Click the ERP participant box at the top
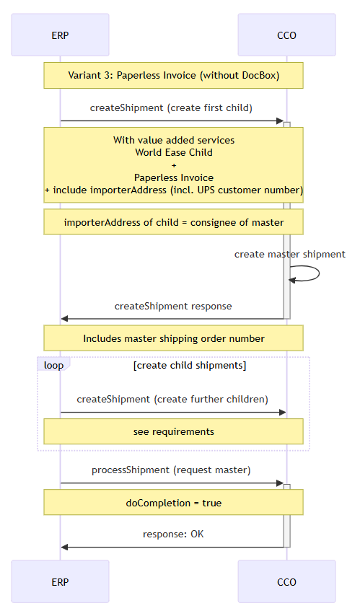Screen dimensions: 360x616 (x=60, y=35)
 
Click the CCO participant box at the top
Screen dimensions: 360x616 (x=286, y=35)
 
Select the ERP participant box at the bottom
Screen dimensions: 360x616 (x=60, y=581)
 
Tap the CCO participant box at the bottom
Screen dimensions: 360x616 (x=286, y=581)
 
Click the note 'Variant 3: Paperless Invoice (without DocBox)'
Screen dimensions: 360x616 (x=173, y=76)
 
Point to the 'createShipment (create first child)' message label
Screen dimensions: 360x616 (x=171, y=107)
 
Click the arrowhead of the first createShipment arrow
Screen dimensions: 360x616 (x=280, y=120)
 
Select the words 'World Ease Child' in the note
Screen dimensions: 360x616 (x=174, y=152)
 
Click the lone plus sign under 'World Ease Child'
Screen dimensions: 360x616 (x=174, y=165)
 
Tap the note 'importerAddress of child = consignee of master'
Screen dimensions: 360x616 (x=173, y=222)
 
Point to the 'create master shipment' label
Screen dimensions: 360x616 (x=290, y=254)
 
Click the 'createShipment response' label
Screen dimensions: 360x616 (x=173, y=306)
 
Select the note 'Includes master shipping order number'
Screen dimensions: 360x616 (x=173, y=338)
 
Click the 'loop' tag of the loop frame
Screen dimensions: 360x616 (x=53, y=365)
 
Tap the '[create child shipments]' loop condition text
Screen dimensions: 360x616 (x=190, y=366)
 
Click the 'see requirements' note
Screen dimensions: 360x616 (x=173, y=431)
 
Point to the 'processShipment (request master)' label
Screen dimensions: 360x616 (x=171, y=470)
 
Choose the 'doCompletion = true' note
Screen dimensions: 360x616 (x=173, y=503)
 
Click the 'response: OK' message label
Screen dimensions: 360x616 (x=173, y=534)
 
